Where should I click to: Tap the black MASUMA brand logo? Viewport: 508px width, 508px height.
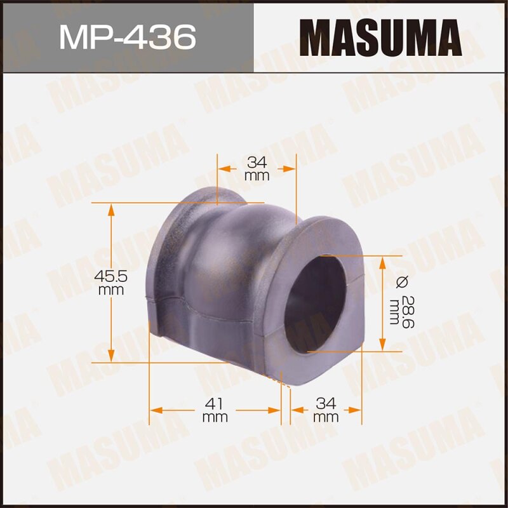(380, 36)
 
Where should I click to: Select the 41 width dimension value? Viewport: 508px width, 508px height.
(215, 403)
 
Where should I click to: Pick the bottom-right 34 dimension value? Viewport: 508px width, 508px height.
(326, 403)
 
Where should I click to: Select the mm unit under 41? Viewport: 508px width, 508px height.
(215, 417)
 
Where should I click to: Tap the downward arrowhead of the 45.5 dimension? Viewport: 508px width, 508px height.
(112, 357)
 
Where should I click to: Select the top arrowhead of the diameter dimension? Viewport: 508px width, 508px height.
(382, 262)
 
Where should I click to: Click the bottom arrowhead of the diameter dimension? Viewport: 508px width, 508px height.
(382, 345)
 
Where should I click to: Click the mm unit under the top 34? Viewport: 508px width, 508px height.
(257, 176)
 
